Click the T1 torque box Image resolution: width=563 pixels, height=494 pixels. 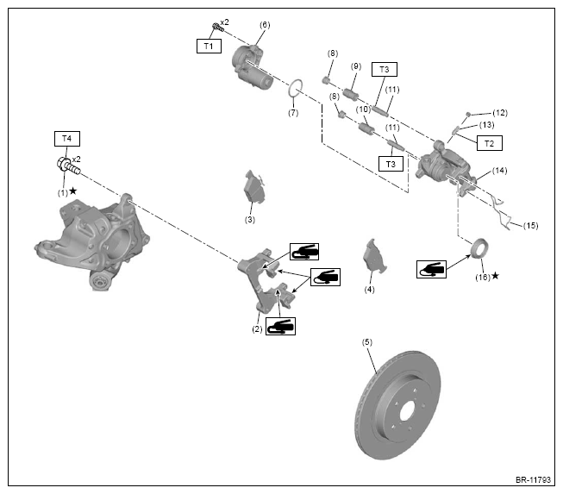tap(209, 46)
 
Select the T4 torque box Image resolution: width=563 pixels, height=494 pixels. tap(66, 139)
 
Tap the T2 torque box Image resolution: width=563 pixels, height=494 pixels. tap(490, 143)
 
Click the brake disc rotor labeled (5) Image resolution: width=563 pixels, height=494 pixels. tap(397, 404)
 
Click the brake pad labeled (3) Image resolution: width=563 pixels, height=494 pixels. tap(254, 187)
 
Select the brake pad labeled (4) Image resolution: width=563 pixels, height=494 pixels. tap(374, 256)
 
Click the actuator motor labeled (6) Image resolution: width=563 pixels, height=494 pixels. tap(252, 66)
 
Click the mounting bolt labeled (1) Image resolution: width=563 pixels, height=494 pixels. tap(69, 166)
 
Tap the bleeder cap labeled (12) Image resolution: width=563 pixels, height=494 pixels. tap(468, 114)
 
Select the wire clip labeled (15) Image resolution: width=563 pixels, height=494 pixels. tap(500, 213)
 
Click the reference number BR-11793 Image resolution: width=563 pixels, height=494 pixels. tap(533, 479)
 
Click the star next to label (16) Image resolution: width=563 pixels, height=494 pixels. tap(495, 275)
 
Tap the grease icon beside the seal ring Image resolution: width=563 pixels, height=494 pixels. tap(431, 269)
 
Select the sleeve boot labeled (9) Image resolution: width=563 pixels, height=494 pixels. tap(350, 95)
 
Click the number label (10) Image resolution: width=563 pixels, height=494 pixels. tap(363, 109)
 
